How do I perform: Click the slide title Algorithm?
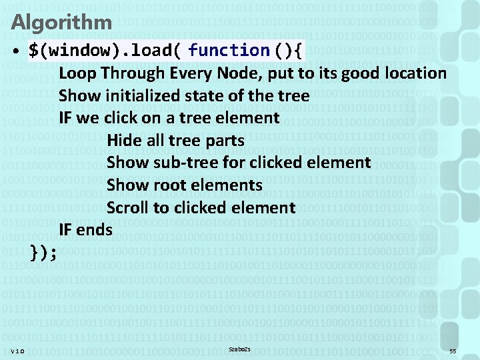pyautogui.click(x=61, y=23)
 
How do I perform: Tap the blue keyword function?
pyautogui.click(x=228, y=51)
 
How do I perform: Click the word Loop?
pyautogui.click(x=77, y=73)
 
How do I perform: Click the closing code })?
pyautogui.click(x=44, y=253)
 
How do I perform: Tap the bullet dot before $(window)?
pyautogui.click(x=14, y=51)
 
